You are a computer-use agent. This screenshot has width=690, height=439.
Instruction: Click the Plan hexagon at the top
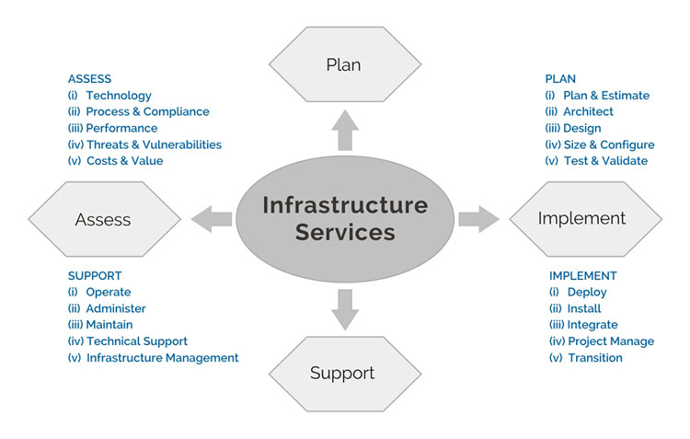pos(343,64)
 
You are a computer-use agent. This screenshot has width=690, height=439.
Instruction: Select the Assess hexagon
pos(103,219)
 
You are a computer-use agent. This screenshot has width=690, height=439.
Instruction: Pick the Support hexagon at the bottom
pos(342,373)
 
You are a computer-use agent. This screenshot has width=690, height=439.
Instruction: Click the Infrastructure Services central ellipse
pos(345,217)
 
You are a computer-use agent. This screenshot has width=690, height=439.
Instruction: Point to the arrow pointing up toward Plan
pos(343,132)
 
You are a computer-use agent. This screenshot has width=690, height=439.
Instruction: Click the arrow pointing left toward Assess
pos(212,219)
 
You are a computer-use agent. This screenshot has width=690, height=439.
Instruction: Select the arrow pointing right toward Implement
pos(477,218)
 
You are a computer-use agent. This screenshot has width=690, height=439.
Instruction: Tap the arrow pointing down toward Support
pos(343,307)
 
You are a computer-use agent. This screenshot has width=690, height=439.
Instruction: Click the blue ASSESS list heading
pos(89,79)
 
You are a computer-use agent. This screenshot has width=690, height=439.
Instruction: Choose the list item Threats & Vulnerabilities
pos(154,144)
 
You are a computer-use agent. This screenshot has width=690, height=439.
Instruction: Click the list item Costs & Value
pos(124,161)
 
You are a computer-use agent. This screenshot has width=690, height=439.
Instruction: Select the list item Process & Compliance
pos(147,112)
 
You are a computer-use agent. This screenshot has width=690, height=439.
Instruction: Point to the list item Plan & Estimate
pos(606,96)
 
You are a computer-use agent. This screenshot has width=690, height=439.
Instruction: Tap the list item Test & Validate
pos(605,161)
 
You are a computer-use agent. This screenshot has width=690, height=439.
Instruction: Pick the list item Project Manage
pos(611,341)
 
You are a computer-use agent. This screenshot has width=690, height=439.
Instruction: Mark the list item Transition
pos(594,358)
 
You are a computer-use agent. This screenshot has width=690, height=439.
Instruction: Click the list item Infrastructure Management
pos(162,358)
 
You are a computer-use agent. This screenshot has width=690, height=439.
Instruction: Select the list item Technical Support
pos(137,341)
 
